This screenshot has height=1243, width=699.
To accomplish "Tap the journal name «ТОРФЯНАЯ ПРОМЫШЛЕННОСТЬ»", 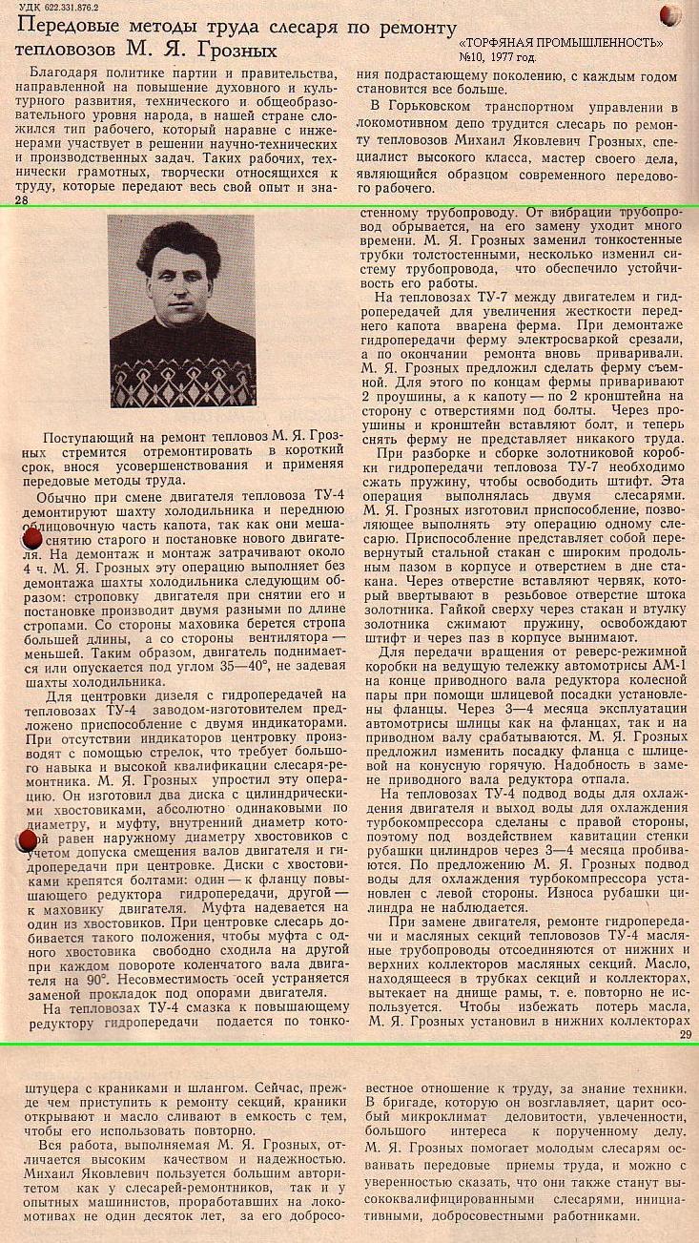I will [561, 43].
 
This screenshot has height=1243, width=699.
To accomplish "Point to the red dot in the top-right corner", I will [670, 14].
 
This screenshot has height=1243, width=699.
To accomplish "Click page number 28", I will [21, 201].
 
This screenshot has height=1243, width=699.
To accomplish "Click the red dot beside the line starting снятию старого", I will [32, 538].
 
